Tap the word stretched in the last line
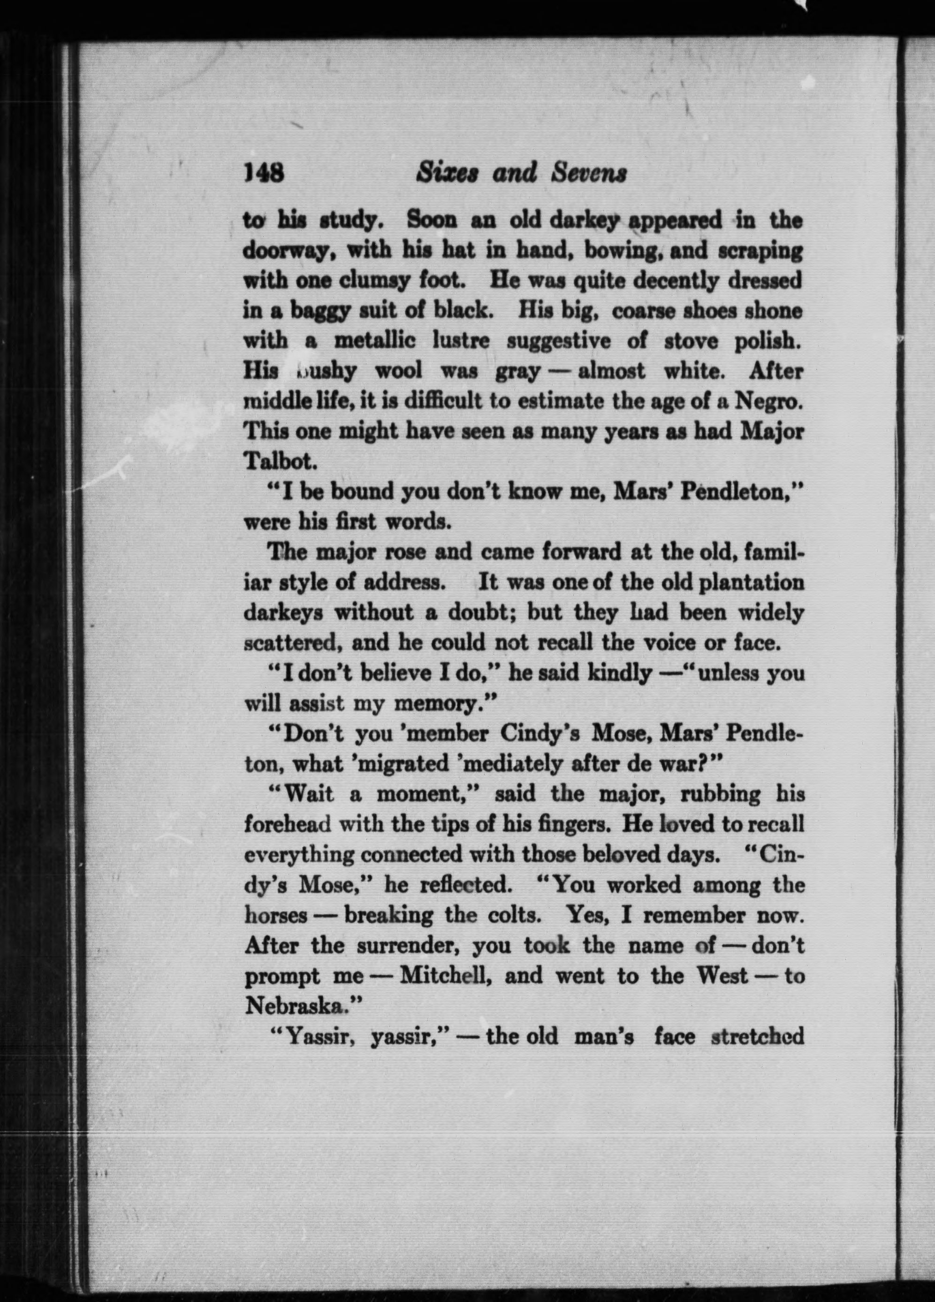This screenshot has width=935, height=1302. click(x=757, y=1036)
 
